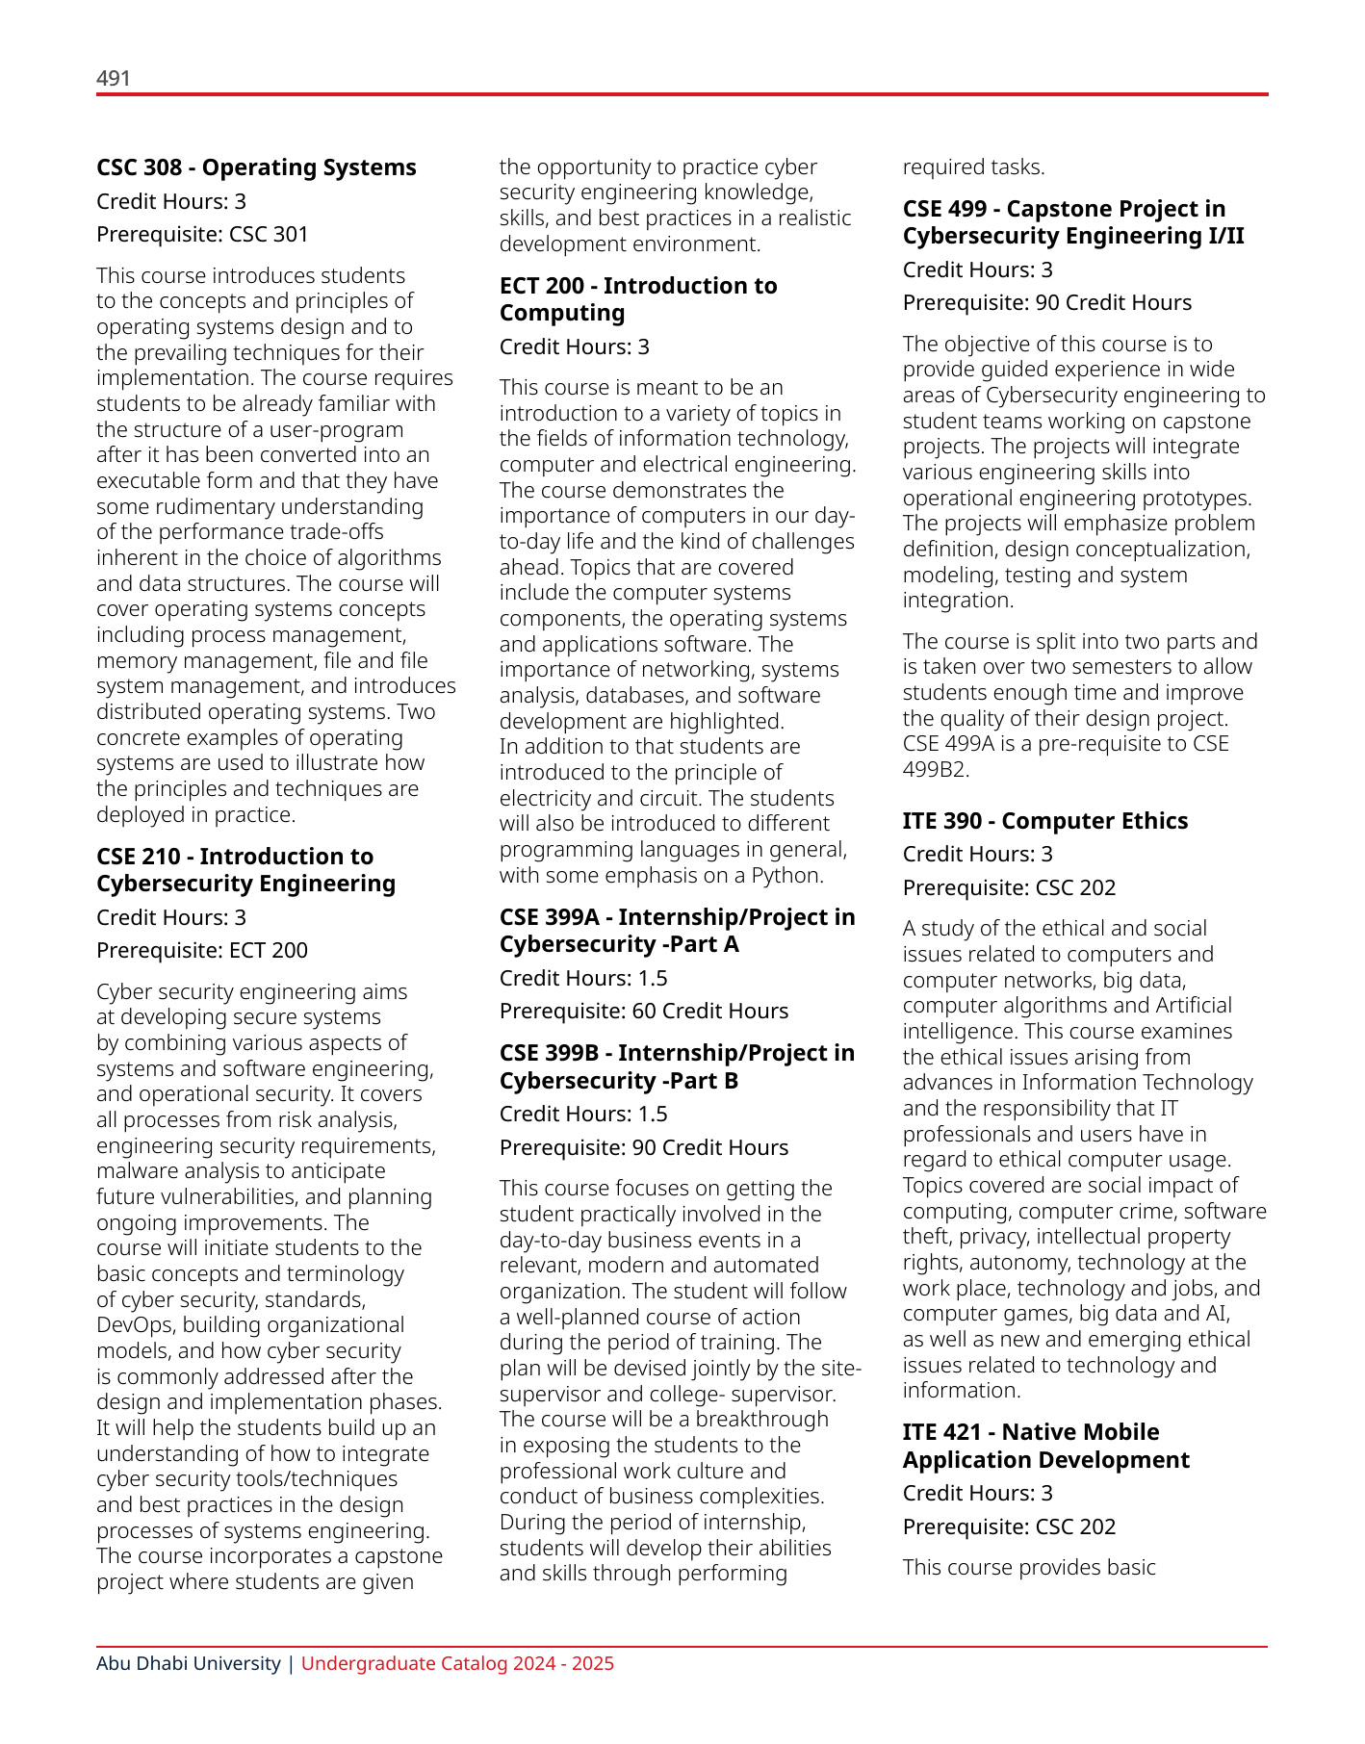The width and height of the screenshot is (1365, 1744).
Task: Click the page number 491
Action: pos(114,78)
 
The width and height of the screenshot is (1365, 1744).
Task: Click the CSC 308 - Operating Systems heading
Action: pos(256,167)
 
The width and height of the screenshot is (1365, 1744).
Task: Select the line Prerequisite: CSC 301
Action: pos(202,234)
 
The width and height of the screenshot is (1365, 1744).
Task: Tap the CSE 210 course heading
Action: pos(245,870)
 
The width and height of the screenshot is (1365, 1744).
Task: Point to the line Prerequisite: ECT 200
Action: pos(202,950)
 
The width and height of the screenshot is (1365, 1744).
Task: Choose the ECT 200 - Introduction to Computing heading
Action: pos(637,299)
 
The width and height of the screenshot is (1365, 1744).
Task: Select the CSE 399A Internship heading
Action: pos(677,931)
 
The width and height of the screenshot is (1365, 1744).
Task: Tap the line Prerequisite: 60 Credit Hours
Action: pos(643,1011)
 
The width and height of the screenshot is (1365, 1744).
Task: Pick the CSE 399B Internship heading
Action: pos(677,1066)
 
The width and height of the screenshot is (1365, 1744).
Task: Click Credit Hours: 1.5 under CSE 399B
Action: pos(583,1114)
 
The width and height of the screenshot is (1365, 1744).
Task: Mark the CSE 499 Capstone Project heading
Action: pos(1072,222)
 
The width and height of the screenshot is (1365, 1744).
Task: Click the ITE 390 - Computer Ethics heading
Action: pos(1044,821)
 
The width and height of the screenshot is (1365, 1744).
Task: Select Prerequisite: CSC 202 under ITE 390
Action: pos(1009,887)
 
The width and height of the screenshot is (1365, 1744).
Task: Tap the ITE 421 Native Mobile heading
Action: pos(1045,1446)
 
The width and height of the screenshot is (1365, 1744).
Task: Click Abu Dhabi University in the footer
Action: pos(188,1663)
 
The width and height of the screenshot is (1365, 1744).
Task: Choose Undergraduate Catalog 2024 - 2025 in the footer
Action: pos(457,1663)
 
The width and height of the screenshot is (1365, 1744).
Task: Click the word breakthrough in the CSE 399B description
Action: pos(762,1419)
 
